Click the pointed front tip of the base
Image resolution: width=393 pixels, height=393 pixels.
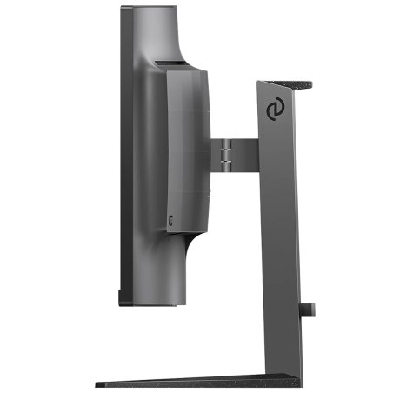click(98, 383)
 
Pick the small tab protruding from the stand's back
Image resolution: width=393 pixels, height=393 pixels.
click(310, 309)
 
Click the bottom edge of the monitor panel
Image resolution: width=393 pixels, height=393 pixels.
click(152, 303)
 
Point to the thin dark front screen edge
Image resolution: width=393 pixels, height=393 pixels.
click(123, 157)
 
